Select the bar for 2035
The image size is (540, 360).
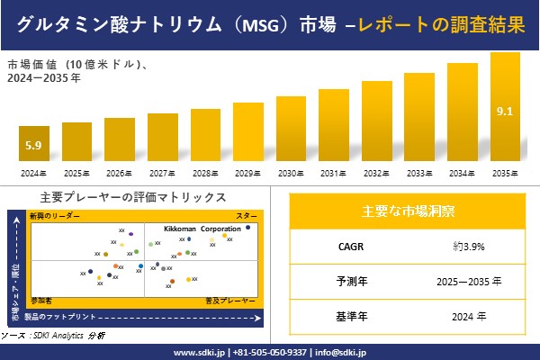(x=505, y=108)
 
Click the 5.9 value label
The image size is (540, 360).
(x=33, y=145)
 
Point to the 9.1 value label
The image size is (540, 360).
(x=505, y=112)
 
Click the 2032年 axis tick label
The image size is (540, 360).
(x=376, y=173)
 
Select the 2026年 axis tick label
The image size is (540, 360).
(x=119, y=173)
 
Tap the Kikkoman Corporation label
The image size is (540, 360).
(x=202, y=229)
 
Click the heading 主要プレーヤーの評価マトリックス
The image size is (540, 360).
(x=133, y=197)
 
